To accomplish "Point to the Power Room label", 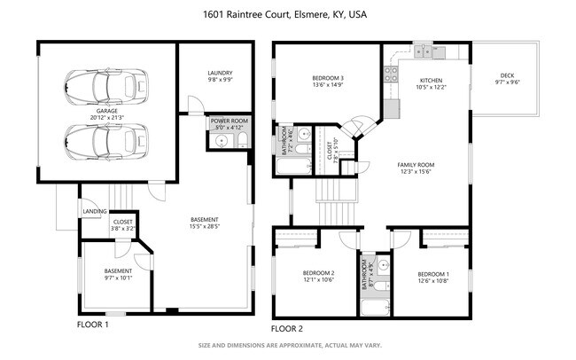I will coord(229,121).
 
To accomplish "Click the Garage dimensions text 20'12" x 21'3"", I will coord(106,117).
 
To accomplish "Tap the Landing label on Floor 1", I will coord(95,212).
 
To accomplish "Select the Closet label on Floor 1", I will coord(123,222).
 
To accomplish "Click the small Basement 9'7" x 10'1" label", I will coord(118,270).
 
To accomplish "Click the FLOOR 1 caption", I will coord(93,325).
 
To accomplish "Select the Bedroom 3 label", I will coord(328,78).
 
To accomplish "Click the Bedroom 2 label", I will coord(319,273).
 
